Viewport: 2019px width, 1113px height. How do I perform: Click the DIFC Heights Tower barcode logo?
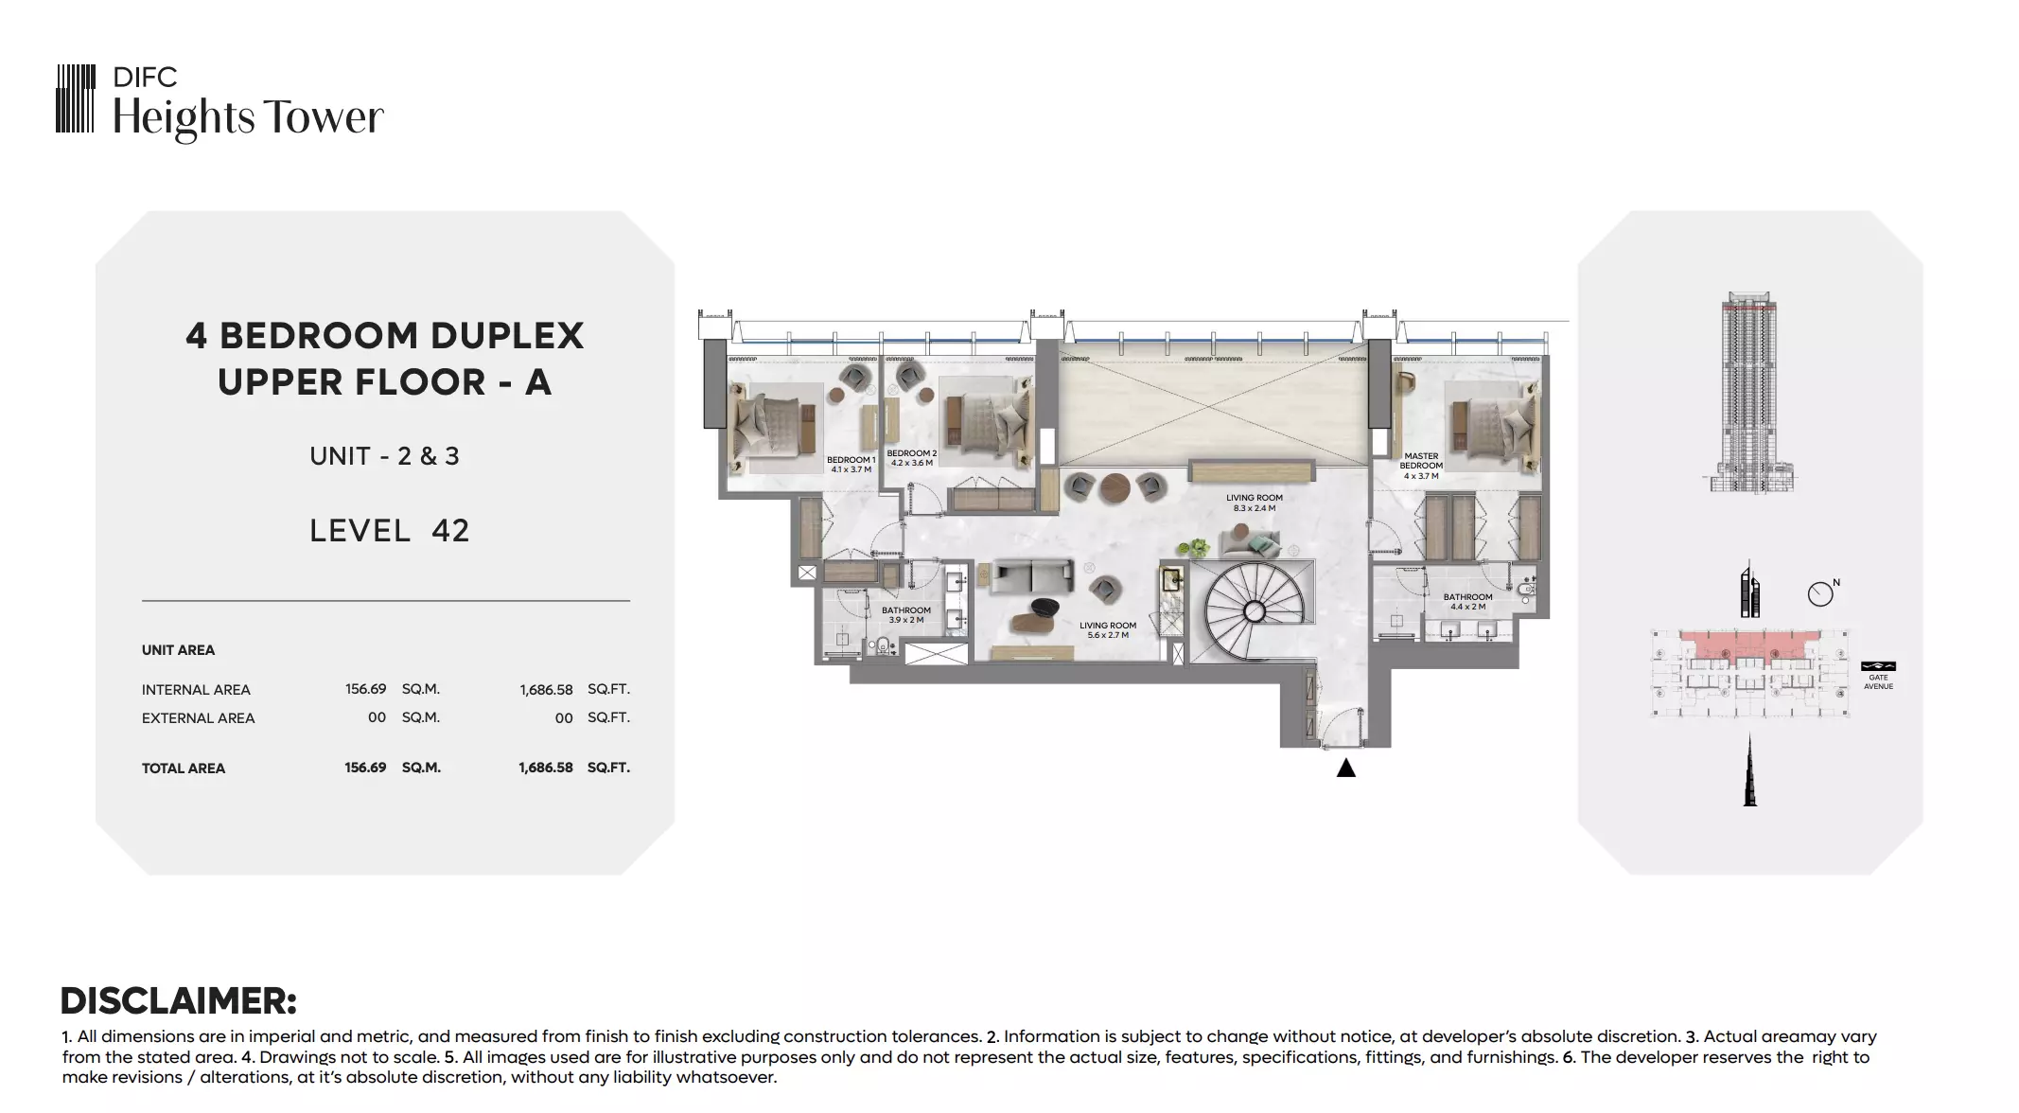(76, 98)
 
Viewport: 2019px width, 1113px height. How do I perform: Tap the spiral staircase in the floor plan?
(1251, 610)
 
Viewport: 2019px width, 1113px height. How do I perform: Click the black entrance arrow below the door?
(1345, 768)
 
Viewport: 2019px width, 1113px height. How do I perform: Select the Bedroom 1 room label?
(851, 465)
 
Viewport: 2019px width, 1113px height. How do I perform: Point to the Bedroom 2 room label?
(911, 458)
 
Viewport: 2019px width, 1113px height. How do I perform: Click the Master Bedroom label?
(1421, 466)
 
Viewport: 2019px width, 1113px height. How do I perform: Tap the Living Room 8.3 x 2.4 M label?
(1255, 503)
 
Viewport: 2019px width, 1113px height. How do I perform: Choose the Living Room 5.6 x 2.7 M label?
(1108, 630)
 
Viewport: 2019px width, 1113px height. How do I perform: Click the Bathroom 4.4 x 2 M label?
(1467, 602)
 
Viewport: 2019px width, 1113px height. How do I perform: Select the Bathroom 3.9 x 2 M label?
(906, 615)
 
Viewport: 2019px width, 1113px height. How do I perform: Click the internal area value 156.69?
(365, 689)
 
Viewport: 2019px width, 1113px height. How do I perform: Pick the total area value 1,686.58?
(546, 768)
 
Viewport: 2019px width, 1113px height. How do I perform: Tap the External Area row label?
(199, 718)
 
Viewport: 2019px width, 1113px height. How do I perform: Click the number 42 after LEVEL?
(450, 531)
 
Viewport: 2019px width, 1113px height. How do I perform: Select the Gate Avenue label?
(1878, 681)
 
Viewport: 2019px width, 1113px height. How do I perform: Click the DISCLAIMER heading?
(179, 1000)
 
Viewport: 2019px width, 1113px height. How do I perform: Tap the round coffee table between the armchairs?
(1115, 488)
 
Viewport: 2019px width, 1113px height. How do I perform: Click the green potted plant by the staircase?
(1195, 547)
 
